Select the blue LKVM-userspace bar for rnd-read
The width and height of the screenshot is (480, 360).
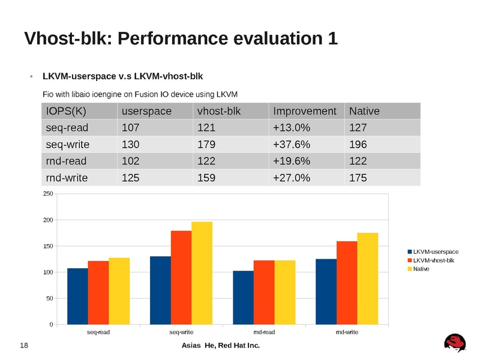[x=243, y=298]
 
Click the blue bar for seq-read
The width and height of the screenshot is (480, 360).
[x=77, y=296]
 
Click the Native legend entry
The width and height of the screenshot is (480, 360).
[x=422, y=268]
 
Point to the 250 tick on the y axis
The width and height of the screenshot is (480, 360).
[x=47, y=194]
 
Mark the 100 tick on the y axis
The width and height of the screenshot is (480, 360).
[x=47, y=272]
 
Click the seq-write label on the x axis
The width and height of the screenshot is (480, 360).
[x=181, y=331]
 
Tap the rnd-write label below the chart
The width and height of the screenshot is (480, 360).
[x=347, y=331]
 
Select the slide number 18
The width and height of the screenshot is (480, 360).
[x=25, y=346]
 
